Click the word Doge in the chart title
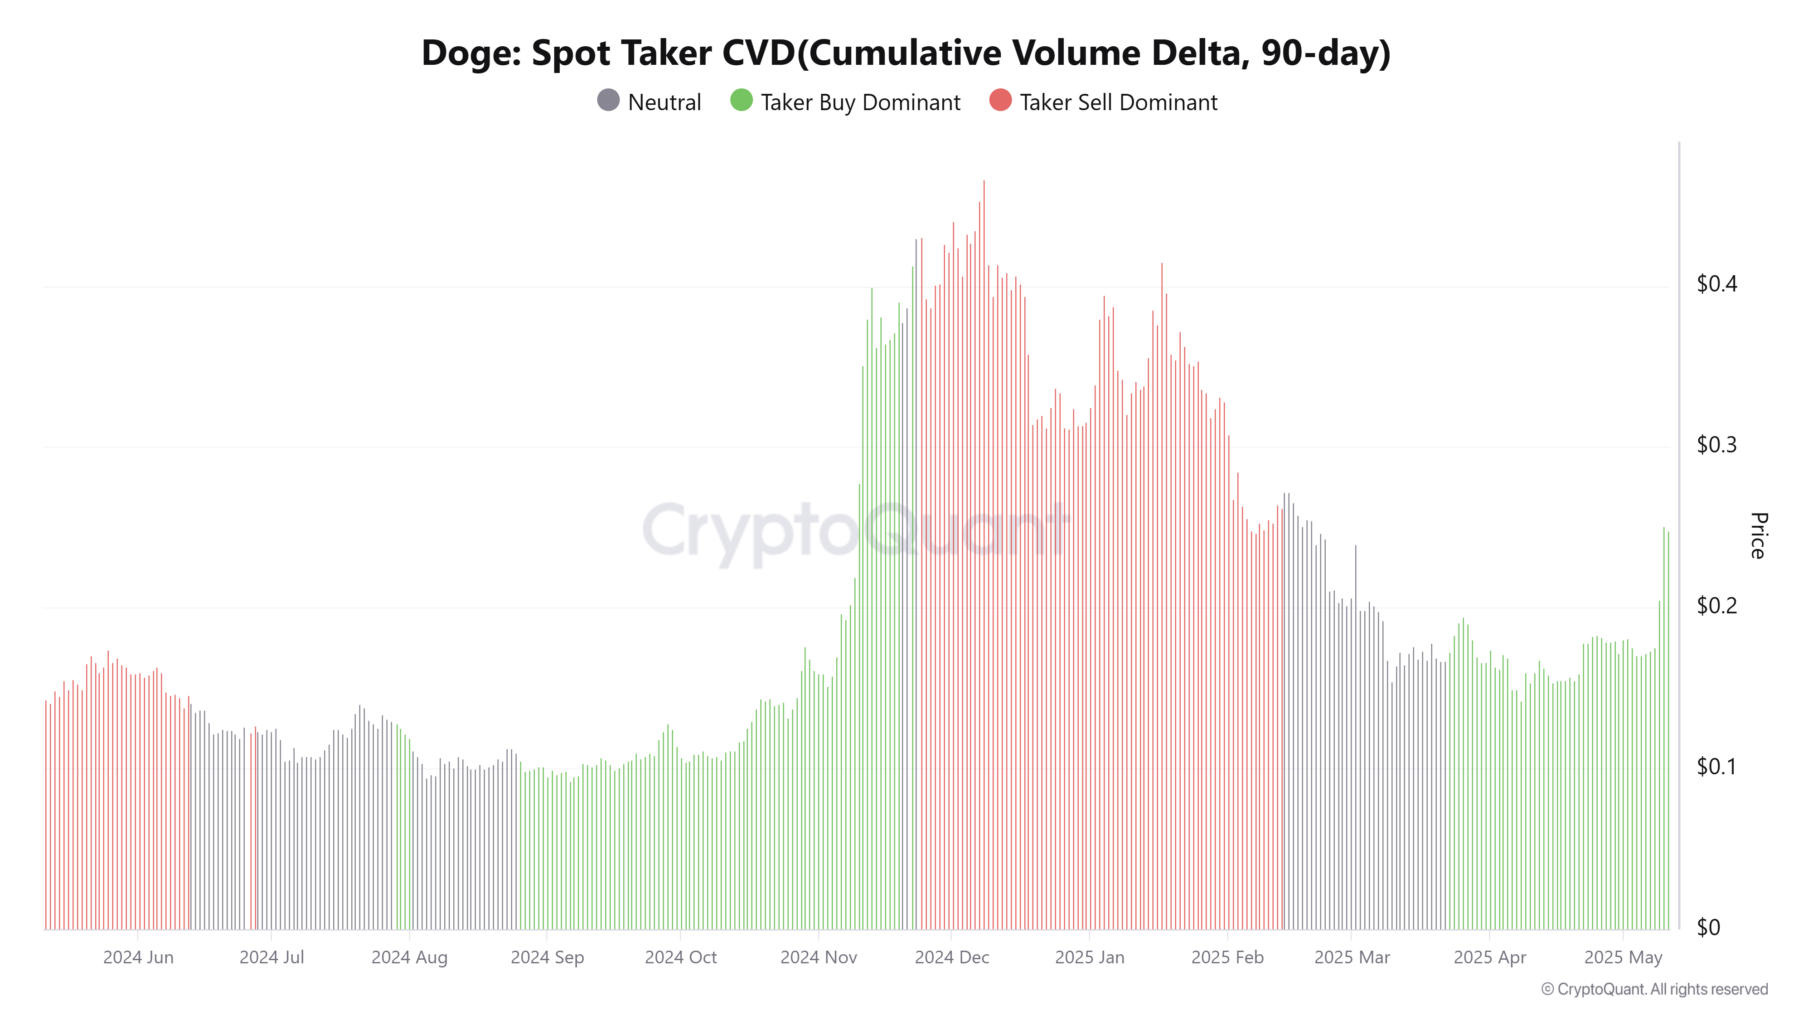470,53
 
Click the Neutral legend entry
649,102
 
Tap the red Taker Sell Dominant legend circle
1000,101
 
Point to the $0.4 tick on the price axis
1716,284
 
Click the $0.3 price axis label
1716,445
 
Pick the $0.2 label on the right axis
1716,605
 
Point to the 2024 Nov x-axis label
819,957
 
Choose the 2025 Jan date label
1090,957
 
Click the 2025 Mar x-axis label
1352,957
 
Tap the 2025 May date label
1623,957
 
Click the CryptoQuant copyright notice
1654,989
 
